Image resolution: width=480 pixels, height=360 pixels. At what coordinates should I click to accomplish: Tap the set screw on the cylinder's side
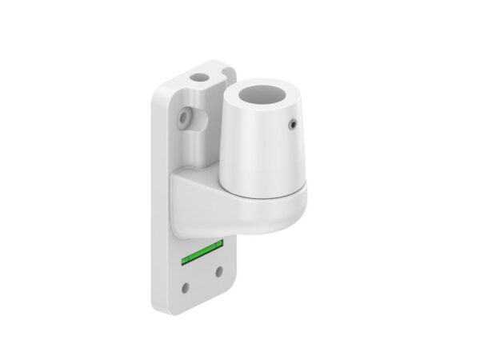tap(292, 124)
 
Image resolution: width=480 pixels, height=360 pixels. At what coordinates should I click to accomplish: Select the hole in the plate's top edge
tap(198, 78)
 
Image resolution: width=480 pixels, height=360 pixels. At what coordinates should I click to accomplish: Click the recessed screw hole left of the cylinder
tap(186, 117)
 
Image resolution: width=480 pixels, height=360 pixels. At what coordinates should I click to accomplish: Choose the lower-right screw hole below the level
tap(220, 272)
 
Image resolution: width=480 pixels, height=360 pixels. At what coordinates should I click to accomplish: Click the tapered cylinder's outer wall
tap(256, 148)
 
